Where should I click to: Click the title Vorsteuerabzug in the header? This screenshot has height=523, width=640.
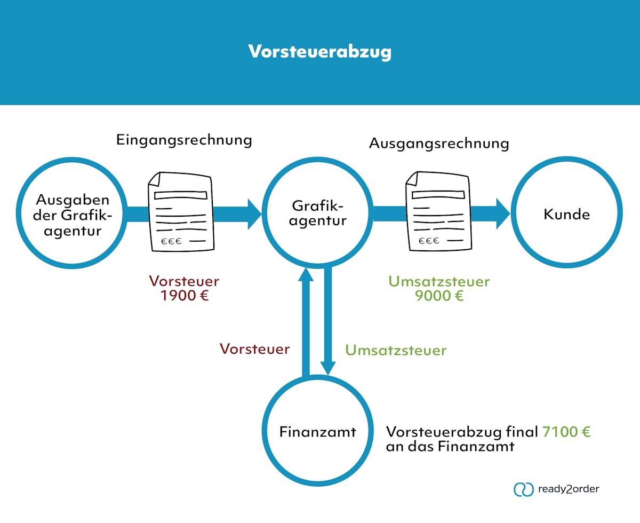pyautogui.click(x=319, y=52)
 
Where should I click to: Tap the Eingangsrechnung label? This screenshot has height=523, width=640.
pyautogui.click(x=184, y=140)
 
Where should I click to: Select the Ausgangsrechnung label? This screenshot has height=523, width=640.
pyautogui.click(x=439, y=143)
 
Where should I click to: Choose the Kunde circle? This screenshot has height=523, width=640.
pyautogui.click(x=566, y=214)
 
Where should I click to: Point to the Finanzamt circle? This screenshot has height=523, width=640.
pyautogui.click(x=318, y=431)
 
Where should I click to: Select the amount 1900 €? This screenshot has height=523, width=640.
pyautogui.click(x=184, y=296)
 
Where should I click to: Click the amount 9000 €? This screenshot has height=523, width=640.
pyautogui.click(x=439, y=296)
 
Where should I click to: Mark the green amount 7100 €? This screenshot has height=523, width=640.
pyautogui.click(x=566, y=432)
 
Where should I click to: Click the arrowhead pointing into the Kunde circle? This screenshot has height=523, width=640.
pyautogui.click(x=502, y=213)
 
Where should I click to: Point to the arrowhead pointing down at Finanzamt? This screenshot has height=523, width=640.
pyautogui.click(x=328, y=368)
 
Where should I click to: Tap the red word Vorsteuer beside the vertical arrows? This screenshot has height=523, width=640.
pyautogui.click(x=255, y=349)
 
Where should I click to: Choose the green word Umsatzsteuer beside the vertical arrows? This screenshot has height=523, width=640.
pyautogui.click(x=396, y=350)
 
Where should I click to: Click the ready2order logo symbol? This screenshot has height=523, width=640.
pyautogui.click(x=523, y=489)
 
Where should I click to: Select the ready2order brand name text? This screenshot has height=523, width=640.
pyautogui.click(x=569, y=489)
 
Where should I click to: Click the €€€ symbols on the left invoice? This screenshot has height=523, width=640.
pyautogui.click(x=171, y=241)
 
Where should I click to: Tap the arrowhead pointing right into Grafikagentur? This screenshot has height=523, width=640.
pyautogui.click(x=254, y=213)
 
